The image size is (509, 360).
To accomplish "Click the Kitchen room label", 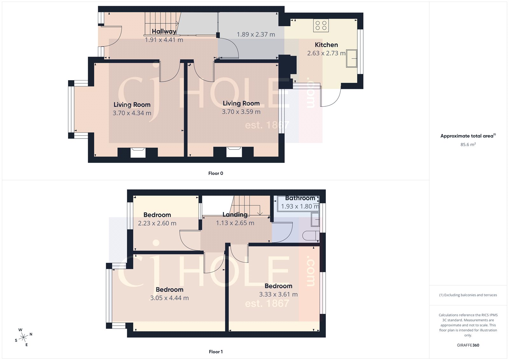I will point(326,45).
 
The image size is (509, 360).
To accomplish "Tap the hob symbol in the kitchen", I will point(321,25).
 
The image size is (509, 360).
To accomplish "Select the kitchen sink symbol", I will point(352,58).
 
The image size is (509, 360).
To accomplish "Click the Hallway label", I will point(164,31).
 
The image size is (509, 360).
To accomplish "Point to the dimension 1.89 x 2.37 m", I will point(256,34).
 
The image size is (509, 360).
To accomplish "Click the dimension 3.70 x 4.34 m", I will point(132,113).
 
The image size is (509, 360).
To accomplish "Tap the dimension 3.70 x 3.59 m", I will point(241,112).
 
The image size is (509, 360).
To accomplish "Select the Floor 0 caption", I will point(216,173).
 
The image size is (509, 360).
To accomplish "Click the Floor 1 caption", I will point(216,352).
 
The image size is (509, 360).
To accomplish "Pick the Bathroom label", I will point(300,198).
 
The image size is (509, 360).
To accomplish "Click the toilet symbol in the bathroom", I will point(311,236).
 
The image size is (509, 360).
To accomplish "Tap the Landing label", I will point(235,215).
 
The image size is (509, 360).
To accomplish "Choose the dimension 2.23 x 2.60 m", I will point(157,223).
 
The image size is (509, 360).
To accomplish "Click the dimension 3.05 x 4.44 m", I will point(169,298).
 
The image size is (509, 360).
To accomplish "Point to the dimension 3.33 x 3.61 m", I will point(278,294).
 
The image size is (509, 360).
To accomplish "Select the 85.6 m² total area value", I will point(468,145).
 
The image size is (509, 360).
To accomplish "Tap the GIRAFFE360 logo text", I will point(468,345).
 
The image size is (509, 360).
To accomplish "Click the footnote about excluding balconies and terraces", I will point(468,295).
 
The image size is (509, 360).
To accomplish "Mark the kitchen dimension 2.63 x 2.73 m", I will point(326,53).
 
